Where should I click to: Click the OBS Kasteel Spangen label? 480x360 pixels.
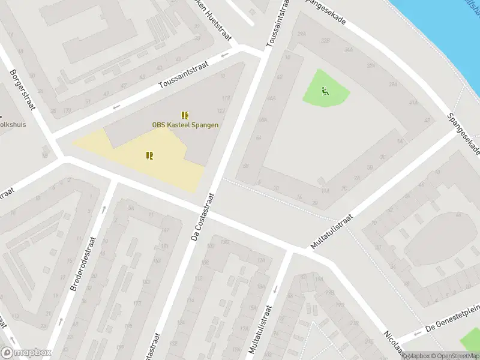click(x=185, y=125)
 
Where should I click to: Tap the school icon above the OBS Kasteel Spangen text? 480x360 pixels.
click(x=185, y=115)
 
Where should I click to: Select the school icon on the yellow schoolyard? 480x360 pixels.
click(x=149, y=155)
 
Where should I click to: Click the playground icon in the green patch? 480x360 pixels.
click(x=325, y=91)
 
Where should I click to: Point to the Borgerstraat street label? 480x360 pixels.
click(x=23, y=90)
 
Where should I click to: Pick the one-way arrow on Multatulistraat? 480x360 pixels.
click(x=275, y=289)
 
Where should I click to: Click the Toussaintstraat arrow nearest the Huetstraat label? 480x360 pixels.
click(x=225, y=56)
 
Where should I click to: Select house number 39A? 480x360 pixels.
click(x=392, y=85)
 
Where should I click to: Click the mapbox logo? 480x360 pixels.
click(x=26, y=353)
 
